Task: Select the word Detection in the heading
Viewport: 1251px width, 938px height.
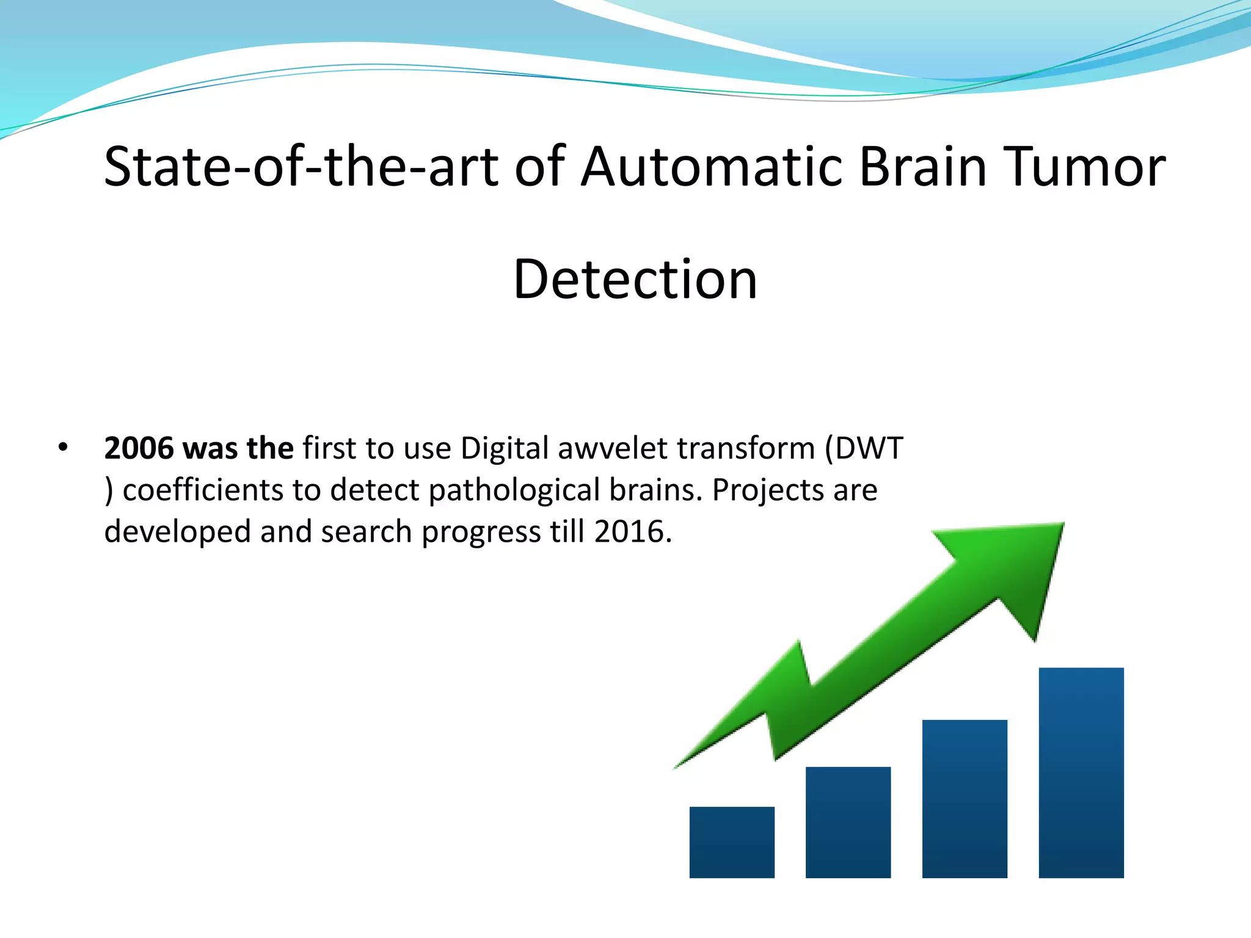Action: [x=635, y=280]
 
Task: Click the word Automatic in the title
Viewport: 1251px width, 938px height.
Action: [x=712, y=167]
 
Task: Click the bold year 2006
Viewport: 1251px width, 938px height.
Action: [x=139, y=448]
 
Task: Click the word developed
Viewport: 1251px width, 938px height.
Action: [x=177, y=531]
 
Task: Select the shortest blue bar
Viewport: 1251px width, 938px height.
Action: [x=732, y=842]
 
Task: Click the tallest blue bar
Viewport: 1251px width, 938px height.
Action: [x=1081, y=773]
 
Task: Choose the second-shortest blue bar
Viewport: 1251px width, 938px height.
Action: [x=848, y=822]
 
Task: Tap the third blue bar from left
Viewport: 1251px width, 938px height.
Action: [x=964, y=799]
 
